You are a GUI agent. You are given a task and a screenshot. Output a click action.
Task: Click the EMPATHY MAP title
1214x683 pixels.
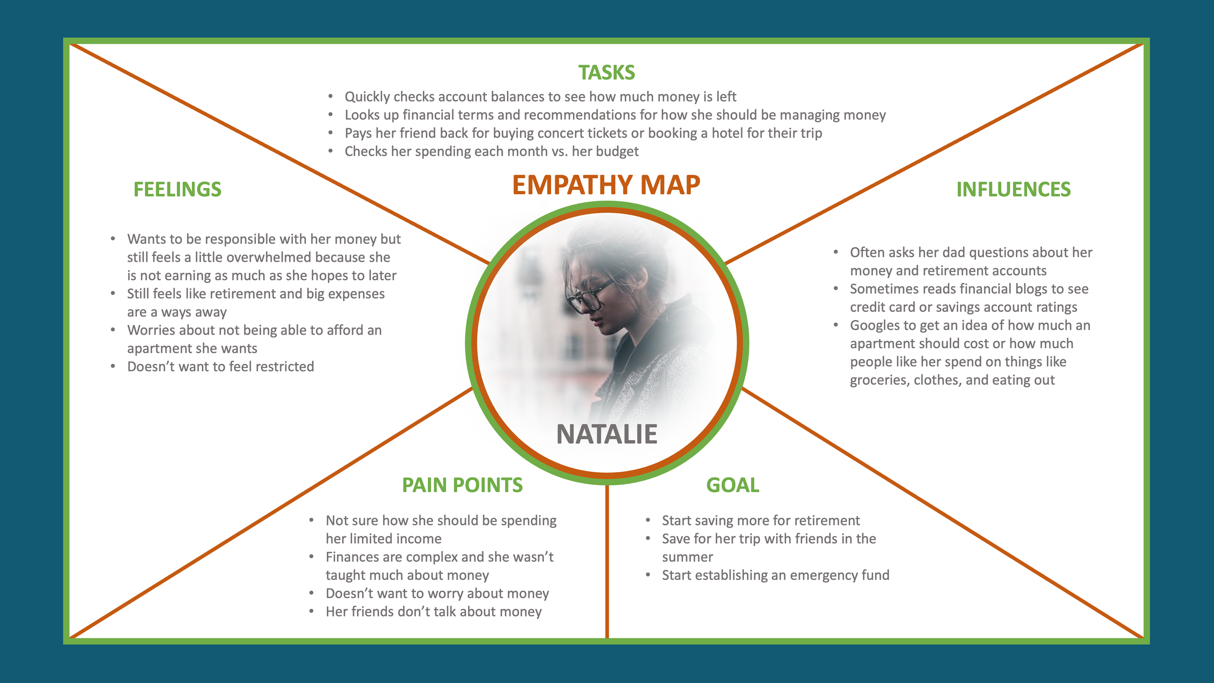click(x=606, y=185)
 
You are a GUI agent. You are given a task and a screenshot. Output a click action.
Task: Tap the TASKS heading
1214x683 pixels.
click(x=607, y=73)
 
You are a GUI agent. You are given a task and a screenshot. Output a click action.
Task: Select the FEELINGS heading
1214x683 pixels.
click(x=177, y=189)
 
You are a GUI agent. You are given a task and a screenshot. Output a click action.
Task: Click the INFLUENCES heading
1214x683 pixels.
click(x=1013, y=189)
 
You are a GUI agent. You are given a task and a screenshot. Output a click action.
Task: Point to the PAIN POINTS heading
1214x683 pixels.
click(x=462, y=485)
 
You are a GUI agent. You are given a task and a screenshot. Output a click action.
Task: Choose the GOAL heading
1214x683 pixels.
click(x=732, y=485)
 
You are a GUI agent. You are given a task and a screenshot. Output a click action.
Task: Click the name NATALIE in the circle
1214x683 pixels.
click(x=607, y=434)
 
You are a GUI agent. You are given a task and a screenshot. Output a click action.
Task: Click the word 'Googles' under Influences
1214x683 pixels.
click(x=875, y=325)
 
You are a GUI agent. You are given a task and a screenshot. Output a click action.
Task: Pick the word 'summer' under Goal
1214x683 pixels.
click(x=687, y=557)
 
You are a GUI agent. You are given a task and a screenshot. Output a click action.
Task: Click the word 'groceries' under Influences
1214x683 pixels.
click(x=879, y=380)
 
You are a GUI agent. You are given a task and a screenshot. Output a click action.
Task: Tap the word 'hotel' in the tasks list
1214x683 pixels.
click(x=728, y=133)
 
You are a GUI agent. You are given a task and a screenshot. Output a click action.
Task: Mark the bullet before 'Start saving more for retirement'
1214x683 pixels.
click(x=648, y=520)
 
